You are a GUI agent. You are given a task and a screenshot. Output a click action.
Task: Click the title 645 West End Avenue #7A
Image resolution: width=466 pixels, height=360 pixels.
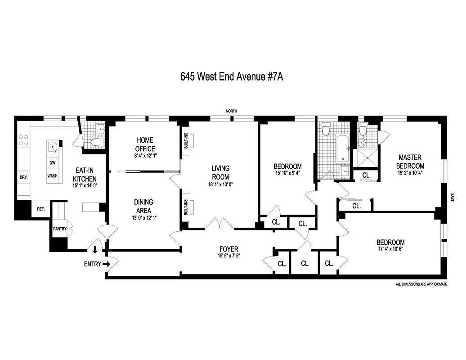231,76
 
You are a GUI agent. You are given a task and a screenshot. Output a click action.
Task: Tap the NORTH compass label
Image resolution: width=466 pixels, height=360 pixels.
232,111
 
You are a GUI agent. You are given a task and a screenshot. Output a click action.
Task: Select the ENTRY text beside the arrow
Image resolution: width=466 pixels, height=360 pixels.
93,264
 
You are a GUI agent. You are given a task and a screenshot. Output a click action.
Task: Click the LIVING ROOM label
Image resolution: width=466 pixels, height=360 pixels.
220,172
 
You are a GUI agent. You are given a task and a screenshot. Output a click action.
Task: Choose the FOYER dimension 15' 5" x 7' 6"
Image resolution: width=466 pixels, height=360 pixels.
229,257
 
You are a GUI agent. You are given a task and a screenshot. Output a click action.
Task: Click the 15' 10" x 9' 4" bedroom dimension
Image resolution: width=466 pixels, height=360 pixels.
288,173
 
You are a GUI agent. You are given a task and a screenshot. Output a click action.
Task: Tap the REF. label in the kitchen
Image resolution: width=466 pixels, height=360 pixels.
41,209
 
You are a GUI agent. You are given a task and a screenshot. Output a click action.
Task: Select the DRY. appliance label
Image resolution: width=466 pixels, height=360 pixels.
23,177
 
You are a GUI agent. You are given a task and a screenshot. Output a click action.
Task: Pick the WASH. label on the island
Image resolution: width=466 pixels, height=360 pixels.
53,176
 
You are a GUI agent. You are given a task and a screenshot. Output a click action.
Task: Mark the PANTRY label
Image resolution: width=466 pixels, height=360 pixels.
60,229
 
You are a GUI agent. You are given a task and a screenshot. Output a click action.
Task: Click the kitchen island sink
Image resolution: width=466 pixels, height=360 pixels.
53,146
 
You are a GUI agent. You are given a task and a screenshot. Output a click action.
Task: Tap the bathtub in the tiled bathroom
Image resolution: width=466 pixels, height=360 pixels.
342,149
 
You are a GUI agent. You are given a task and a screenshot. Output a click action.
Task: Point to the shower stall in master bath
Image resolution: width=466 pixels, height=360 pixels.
368,158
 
